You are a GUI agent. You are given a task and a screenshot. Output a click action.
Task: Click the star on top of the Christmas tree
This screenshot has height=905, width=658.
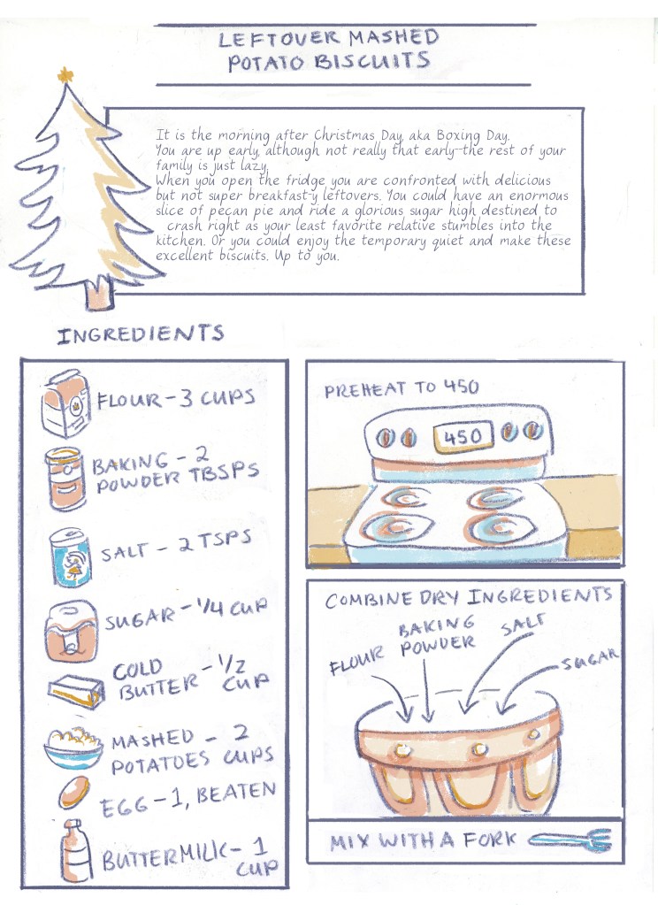click(65, 75)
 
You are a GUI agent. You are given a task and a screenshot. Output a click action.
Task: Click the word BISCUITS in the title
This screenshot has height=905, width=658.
click(371, 61)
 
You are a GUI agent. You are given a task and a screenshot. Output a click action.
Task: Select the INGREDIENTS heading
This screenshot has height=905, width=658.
click(141, 334)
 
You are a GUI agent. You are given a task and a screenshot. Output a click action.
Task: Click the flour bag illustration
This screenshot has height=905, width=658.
click(65, 403)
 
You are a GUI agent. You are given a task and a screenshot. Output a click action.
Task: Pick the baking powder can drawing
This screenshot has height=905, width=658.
click(65, 479)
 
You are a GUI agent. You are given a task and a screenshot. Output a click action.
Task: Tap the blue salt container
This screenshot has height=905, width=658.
click(70, 557)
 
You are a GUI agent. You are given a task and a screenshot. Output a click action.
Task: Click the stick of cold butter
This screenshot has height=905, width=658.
click(76, 691)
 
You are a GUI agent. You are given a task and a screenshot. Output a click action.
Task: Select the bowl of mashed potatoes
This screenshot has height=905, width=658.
click(73, 748)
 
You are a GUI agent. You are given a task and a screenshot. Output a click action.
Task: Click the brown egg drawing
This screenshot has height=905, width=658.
click(74, 792)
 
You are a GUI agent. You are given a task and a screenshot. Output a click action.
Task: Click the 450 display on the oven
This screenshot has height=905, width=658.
click(463, 436)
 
